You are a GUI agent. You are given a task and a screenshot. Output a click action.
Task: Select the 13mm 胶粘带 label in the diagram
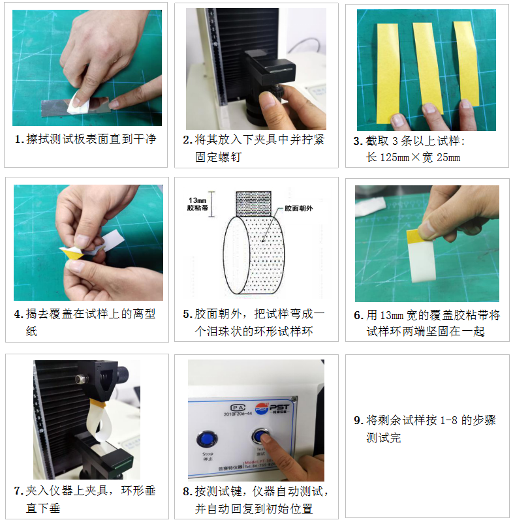[197, 205]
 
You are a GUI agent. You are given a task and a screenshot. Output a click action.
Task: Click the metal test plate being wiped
[55, 108]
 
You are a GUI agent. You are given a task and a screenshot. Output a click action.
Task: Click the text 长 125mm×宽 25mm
[412, 157]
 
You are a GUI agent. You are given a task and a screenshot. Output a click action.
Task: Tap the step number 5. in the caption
[187, 314]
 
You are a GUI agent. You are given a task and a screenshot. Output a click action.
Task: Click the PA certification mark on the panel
[227, 405]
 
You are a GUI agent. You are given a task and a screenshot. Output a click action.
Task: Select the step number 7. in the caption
[18, 491]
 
